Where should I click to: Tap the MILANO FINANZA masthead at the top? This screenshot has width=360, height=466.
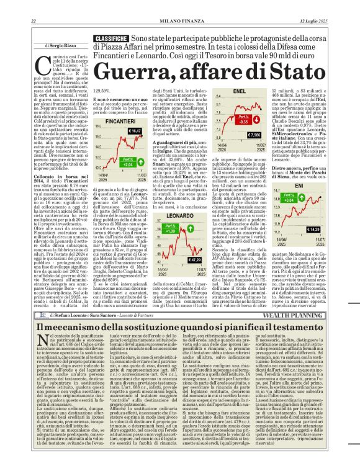[180, 5]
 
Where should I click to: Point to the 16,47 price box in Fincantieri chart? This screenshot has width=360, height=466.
[133, 132]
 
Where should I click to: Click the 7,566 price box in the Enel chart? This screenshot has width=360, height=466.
[254, 135]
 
